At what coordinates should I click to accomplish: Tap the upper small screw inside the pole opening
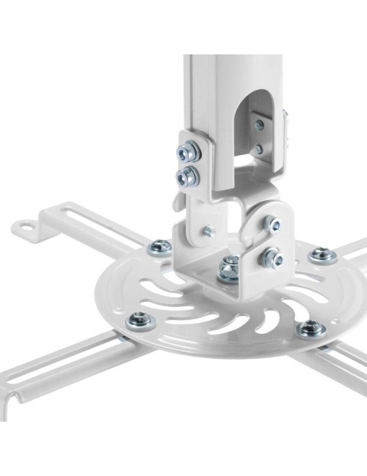[x=260, y=125]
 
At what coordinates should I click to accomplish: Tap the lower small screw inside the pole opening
[x=259, y=148]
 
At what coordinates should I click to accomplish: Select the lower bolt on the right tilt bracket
[x=274, y=258]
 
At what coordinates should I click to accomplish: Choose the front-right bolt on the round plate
[x=311, y=328]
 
